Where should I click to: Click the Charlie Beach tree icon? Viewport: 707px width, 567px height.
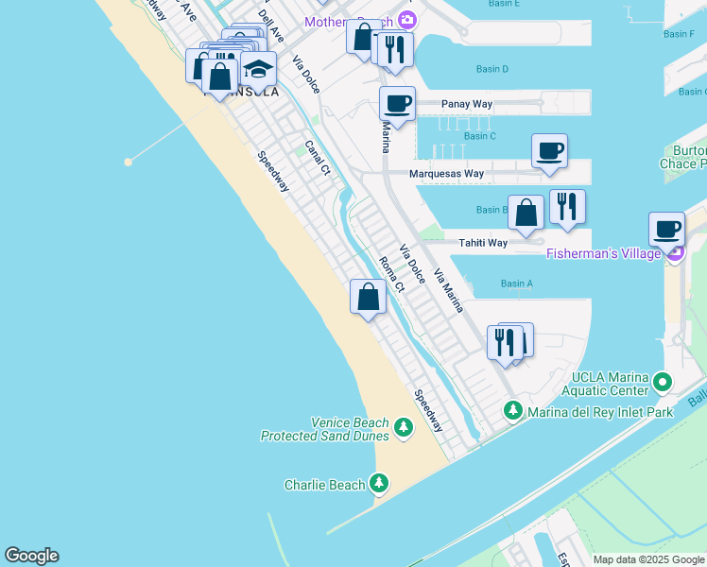tap(379, 485)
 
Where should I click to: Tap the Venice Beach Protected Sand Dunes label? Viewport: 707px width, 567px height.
tap(324, 429)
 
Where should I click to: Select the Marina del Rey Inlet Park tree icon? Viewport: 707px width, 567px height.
tap(513, 410)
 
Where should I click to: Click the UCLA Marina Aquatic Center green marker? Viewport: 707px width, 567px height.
tap(663, 383)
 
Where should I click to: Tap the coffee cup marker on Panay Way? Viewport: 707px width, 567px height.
tap(398, 104)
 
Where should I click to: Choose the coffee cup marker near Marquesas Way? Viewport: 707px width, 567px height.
tap(549, 150)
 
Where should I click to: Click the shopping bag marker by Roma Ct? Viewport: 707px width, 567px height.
tap(368, 297)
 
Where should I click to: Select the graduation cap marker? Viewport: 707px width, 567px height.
tap(257, 69)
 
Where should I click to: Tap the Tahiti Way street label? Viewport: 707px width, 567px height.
tap(483, 243)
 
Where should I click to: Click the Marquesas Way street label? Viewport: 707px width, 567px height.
tap(446, 174)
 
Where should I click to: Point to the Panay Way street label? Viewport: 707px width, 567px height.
tap(468, 104)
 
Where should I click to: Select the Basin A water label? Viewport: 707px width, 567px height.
tap(516, 283)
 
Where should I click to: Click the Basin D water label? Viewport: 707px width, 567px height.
tap(491, 69)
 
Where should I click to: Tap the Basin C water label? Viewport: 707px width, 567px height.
tap(480, 136)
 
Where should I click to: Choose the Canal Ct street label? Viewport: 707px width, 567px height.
tap(318, 159)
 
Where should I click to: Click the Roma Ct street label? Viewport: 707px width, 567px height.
tap(391, 273)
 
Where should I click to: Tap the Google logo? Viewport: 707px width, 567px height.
tap(31, 556)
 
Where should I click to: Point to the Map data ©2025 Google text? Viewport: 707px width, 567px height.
tap(647, 559)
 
